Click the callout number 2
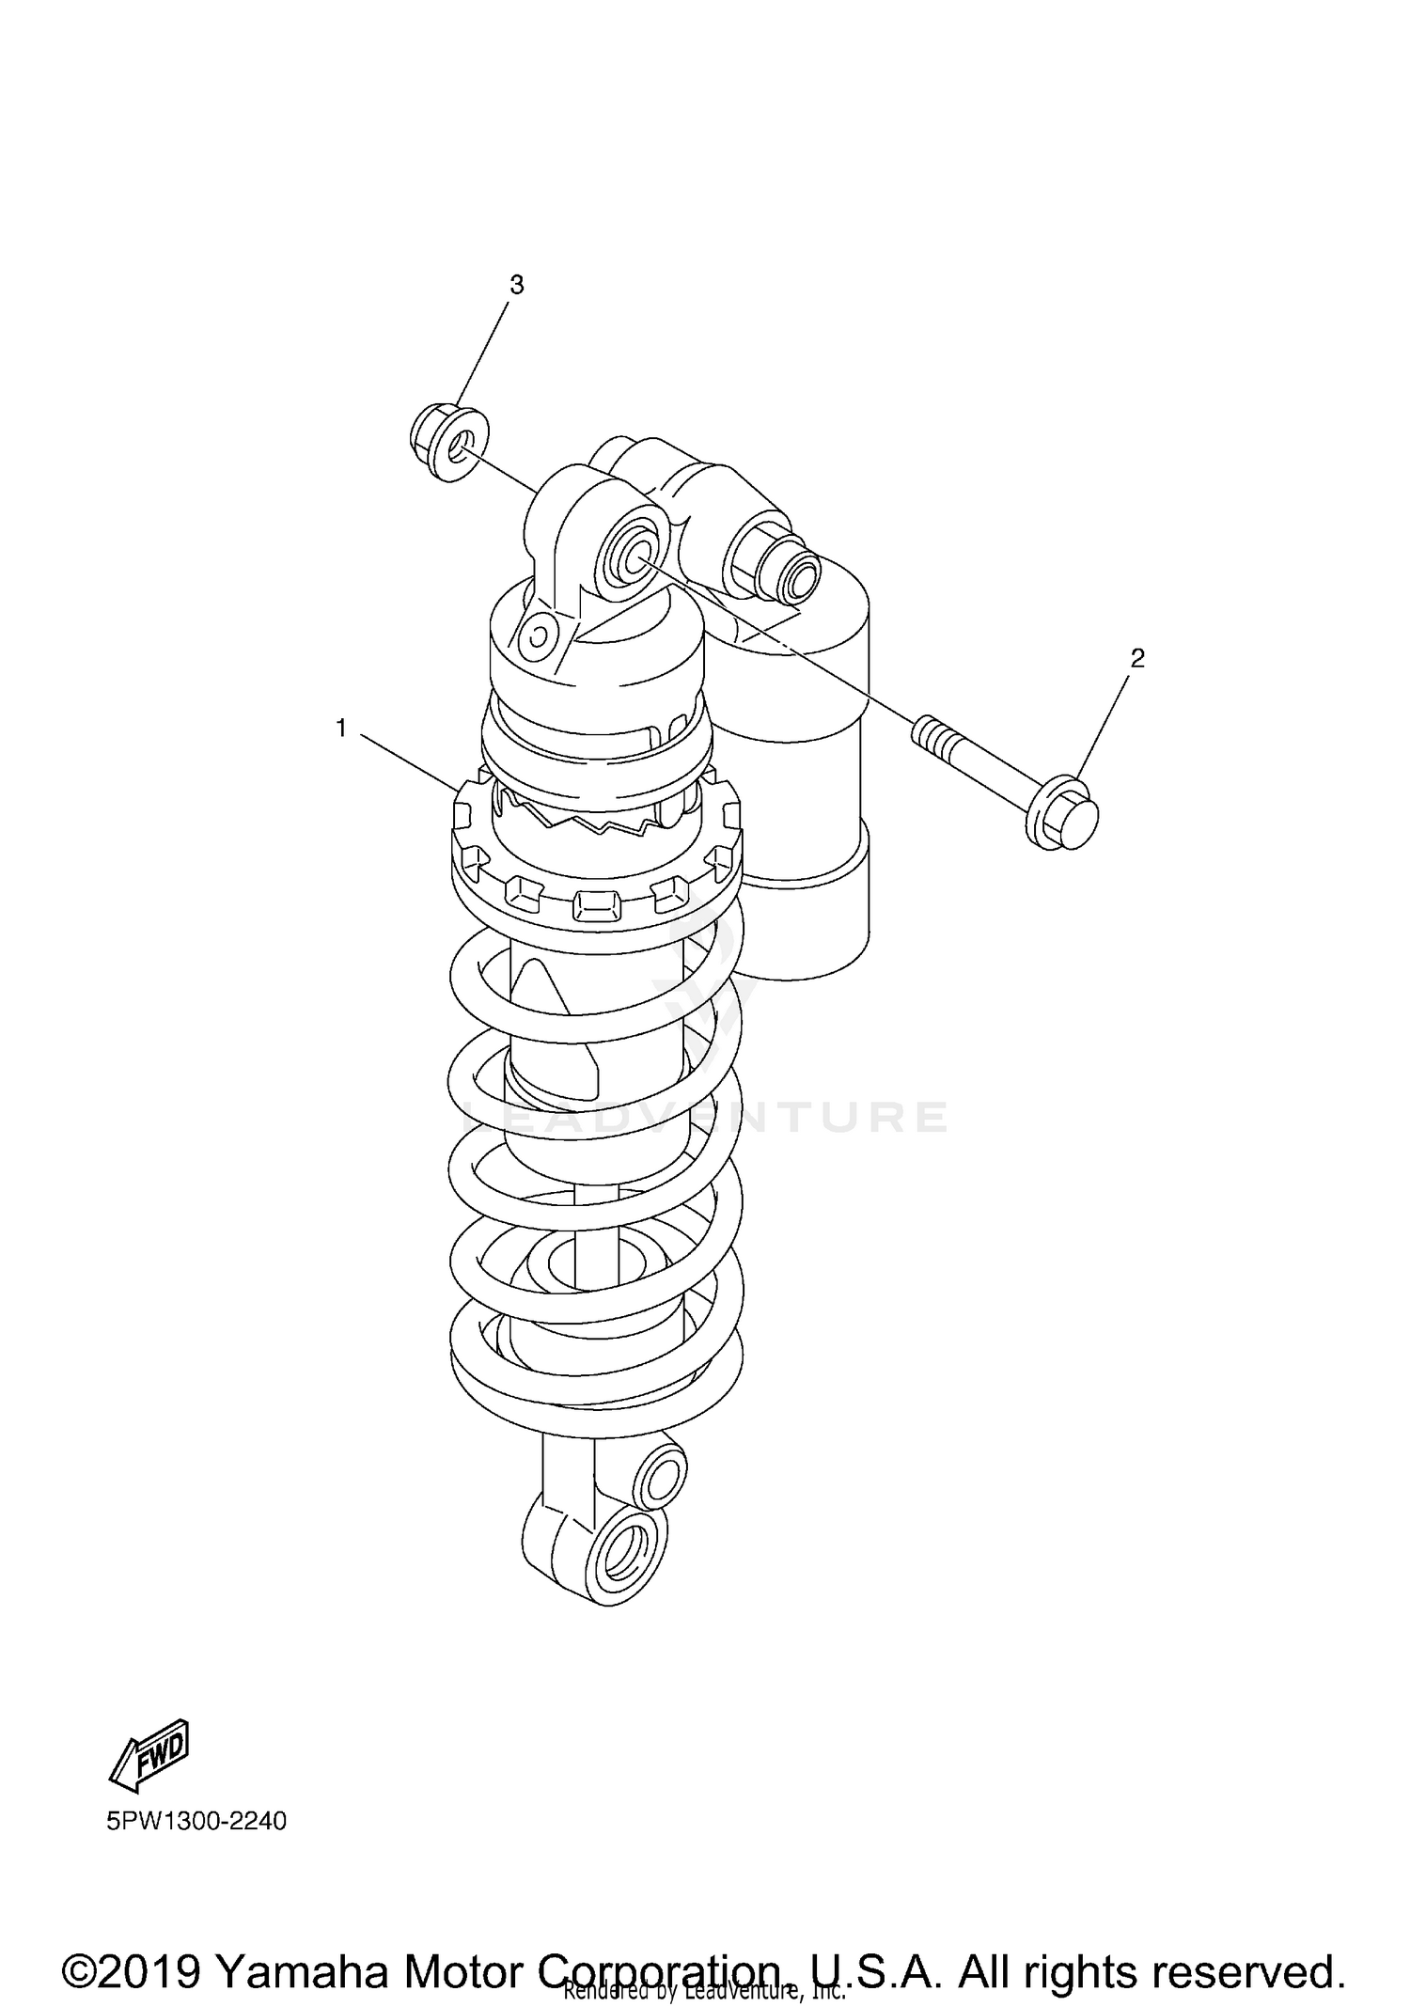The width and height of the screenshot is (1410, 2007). tap(1137, 658)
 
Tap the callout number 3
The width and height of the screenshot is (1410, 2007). tap(516, 285)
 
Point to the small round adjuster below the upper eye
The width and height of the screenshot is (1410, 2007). tap(539, 635)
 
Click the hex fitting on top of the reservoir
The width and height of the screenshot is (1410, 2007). tap(771, 564)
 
